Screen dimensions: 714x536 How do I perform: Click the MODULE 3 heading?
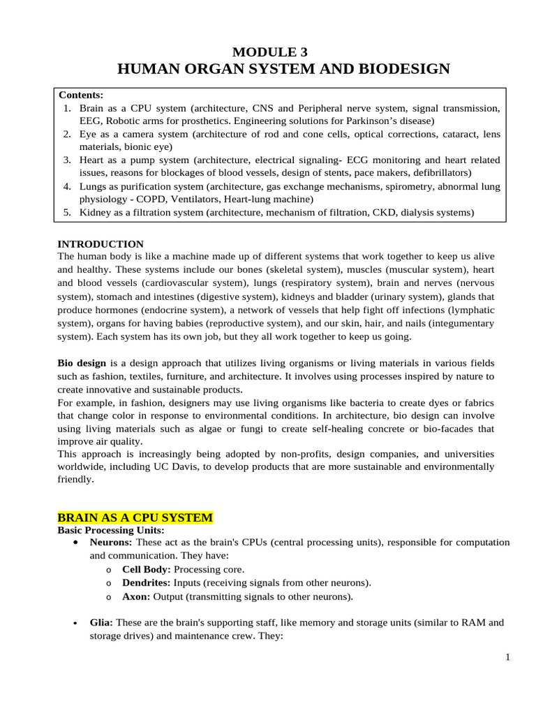click(269, 52)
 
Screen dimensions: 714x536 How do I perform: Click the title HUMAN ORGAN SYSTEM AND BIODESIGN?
click(283, 69)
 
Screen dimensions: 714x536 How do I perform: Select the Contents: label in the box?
click(81, 95)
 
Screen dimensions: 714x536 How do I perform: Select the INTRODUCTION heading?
click(100, 244)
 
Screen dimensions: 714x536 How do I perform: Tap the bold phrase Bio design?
click(82, 363)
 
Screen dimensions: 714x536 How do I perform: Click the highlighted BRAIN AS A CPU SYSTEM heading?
click(135, 518)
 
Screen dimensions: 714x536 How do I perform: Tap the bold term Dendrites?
click(147, 583)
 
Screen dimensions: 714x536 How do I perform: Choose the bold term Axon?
click(137, 596)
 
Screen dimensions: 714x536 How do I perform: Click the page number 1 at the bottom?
click(508, 657)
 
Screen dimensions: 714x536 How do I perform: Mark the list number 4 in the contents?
click(67, 186)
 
